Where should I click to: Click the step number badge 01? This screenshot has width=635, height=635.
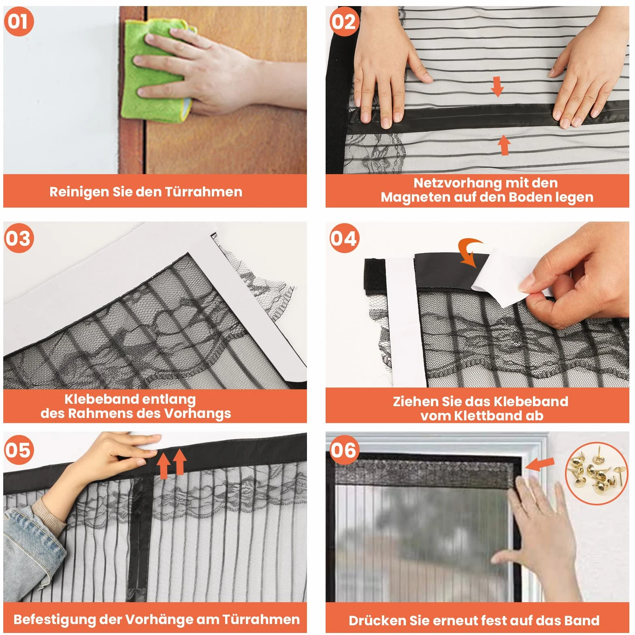point(19,21)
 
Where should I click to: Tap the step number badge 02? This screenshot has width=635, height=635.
point(344,21)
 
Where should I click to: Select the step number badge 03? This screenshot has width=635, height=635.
point(19,238)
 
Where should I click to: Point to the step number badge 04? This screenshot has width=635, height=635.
point(344,238)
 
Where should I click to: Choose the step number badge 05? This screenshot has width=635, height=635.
point(19,450)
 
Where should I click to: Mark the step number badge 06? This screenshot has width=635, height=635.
point(344,450)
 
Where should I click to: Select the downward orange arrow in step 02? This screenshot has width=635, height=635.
point(497,86)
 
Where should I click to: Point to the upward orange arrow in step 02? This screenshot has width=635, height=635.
point(504,145)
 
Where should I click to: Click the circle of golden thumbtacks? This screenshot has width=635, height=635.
point(597,473)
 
